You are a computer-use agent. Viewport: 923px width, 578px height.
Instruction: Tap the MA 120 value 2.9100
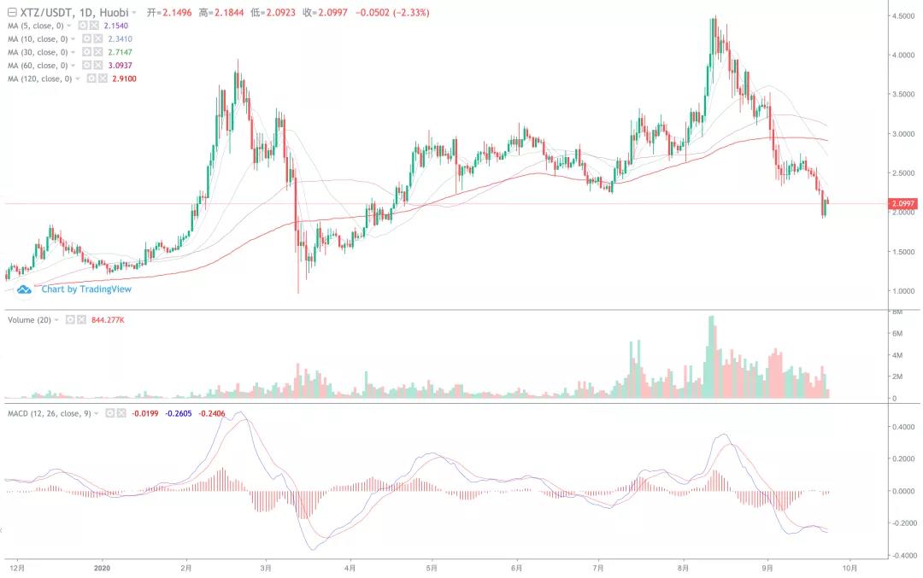click(125, 79)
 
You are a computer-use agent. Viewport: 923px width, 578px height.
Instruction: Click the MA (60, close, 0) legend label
click(38, 66)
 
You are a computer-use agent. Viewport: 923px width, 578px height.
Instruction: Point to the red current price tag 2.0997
click(903, 203)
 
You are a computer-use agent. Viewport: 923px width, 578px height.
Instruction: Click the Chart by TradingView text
click(86, 289)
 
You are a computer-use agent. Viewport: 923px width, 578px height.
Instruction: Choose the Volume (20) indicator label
click(29, 319)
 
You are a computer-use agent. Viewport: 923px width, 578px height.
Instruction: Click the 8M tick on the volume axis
click(898, 312)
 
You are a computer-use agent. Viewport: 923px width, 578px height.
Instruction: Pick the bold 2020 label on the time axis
click(102, 567)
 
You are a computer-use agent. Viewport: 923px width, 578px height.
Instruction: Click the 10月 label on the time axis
click(850, 567)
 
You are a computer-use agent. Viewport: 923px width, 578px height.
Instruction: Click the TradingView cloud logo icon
click(26, 289)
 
